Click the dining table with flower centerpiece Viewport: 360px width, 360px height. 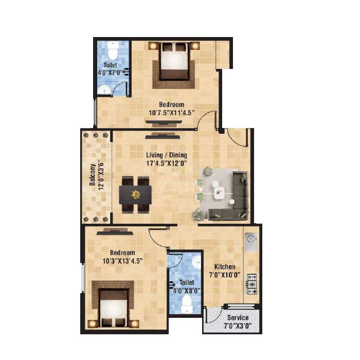[136, 194]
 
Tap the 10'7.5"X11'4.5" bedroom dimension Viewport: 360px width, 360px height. [171, 113]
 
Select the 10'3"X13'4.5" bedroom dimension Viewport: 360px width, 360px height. [122, 261]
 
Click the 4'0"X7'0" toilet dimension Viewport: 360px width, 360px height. [110, 73]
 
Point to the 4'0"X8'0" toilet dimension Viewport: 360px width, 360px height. [186, 291]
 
